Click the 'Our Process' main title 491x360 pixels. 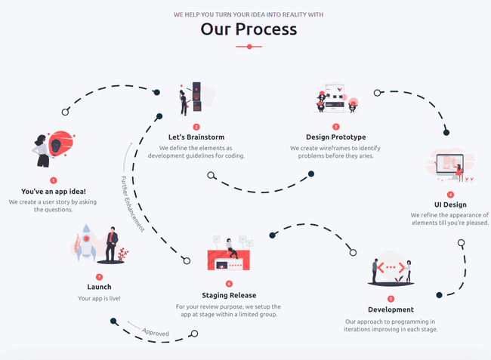pos(249,29)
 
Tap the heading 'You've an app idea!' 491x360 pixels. pos(53,192)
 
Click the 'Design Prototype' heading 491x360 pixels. pos(336,137)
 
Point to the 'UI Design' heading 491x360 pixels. pos(450,205)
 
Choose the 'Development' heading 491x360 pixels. pos(391,309)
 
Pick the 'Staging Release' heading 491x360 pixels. pos(228,295)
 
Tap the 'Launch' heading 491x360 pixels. pos(99,287)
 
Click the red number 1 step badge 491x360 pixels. pos(53,180)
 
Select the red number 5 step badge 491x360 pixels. pos(391,299)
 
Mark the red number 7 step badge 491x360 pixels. pos(99,276)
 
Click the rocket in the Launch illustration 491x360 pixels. pos(85,242)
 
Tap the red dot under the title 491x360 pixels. pos(249,47)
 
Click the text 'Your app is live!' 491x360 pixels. pos(99,299)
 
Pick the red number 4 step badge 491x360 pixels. pos(450,194)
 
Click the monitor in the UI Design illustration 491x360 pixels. pos(449,164)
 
